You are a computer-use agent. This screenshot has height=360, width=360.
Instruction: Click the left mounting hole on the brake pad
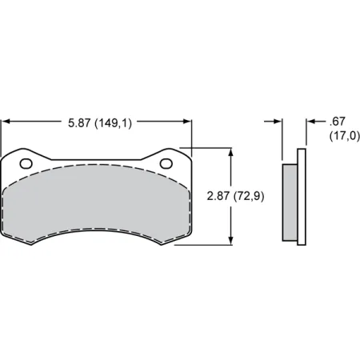tap(26, 163)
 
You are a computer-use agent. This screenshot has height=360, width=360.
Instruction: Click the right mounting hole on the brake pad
tap(166, 163)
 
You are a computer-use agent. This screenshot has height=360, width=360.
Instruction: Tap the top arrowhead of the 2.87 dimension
tap(231, 151)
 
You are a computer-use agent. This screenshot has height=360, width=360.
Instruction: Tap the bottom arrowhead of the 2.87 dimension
tap(231, 241)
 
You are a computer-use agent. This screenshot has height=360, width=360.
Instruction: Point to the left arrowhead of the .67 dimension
tap(278, 122)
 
